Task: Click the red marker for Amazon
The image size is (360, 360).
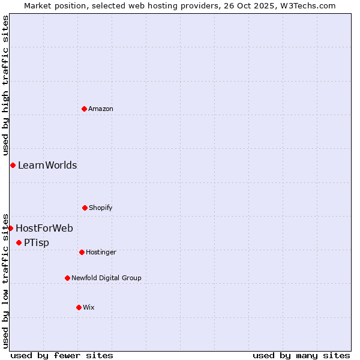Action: pos(84,109)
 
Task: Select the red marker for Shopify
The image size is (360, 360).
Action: pos(85,208)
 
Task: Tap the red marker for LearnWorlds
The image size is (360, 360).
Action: pos(13,165)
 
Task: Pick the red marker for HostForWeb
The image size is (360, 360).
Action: pos(10,228)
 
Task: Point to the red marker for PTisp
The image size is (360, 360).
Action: pos(19,242)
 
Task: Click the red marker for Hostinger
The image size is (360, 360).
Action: pos(82,252)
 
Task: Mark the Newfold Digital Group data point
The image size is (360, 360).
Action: pos(67,278)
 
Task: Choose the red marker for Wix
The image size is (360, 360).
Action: pos(79,307)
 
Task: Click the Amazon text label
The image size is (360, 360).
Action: pos(101,109)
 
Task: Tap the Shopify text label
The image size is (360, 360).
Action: pos(101,208)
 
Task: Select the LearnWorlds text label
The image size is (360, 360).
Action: pos(47,165)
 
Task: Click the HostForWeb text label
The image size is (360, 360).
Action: pos(44,228)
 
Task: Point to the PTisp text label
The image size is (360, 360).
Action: pos(37,242)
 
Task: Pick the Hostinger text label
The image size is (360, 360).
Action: pos(101,252)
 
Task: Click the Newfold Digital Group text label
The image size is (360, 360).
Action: pos(106,278)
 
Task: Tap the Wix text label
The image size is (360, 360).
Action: pos(89,307)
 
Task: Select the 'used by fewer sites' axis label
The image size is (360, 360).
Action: pos(62,355)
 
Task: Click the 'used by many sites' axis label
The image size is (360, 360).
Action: pos(301,355)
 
